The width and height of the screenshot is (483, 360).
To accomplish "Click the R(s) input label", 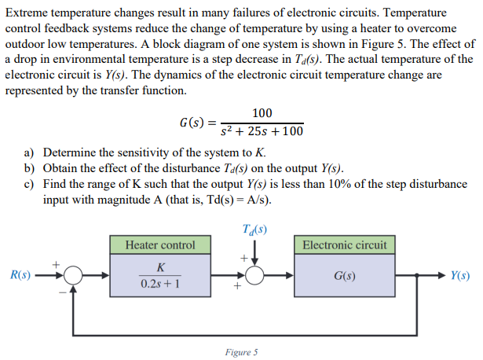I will (x=20, y=275).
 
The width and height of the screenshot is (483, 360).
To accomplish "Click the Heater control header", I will (x=160, y=244).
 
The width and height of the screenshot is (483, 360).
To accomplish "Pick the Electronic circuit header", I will (x=344, y=244).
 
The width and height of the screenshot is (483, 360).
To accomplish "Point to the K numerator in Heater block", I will (x=160, y=267).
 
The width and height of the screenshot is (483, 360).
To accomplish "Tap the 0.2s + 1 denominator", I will (x=160, y=284).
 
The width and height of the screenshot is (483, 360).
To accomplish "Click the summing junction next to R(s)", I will (x=75, y=276).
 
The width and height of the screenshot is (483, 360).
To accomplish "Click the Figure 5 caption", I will (x=240, y=352).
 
